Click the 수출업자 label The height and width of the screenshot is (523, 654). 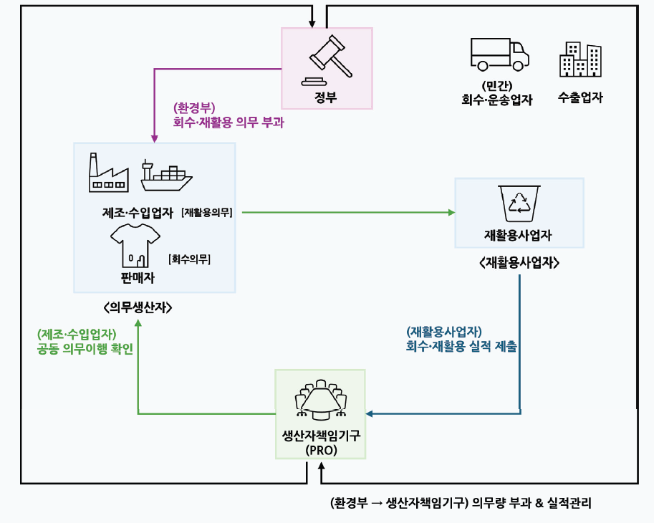coord(580,98)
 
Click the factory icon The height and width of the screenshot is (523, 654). coord(107,173)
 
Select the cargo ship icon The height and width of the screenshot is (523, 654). coord(166,175)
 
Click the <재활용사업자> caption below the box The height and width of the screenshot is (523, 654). coord(519,263)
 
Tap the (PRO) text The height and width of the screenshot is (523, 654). coord(320,451)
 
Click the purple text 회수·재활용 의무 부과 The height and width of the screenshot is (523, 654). coord(229,123)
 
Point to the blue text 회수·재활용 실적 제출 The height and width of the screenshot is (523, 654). coord(461,346)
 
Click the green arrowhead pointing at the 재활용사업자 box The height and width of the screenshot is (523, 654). coord(451,213)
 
